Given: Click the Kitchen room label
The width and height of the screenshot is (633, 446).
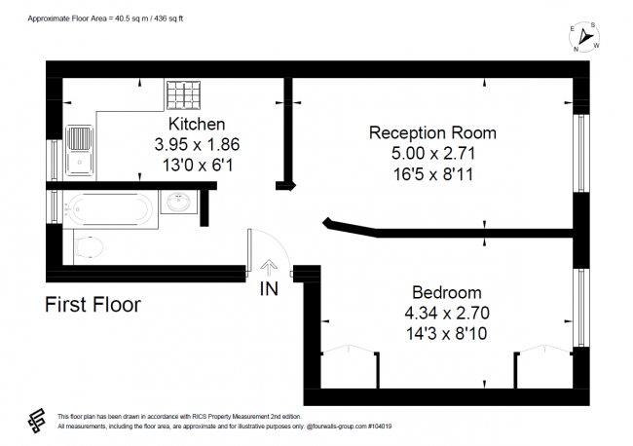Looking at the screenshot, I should click(x=197, y=124).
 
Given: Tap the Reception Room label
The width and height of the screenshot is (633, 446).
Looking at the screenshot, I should click(x=431, y=132).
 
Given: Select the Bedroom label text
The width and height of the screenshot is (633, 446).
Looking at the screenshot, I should click(x=446, y=292).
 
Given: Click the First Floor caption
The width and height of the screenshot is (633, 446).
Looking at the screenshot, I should click(x=93, y=305).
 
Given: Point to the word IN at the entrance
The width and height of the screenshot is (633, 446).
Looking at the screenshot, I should click(x=269, y=288).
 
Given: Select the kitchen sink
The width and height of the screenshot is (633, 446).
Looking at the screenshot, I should click(x=78, y=151).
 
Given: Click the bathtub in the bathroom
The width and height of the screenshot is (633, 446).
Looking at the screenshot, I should click(x=107, y=206).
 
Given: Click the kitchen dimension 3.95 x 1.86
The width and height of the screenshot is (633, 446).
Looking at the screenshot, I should click(x=197, y=144).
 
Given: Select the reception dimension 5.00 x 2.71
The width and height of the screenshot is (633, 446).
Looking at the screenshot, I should click(x=431, y=153).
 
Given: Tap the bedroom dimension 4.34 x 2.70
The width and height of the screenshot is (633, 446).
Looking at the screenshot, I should click(x=446, y=313).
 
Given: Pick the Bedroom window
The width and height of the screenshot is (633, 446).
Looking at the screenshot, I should click(x=580, y=306).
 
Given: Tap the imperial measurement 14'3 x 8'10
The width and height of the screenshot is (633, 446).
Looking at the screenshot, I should click(x=446, y=333).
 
